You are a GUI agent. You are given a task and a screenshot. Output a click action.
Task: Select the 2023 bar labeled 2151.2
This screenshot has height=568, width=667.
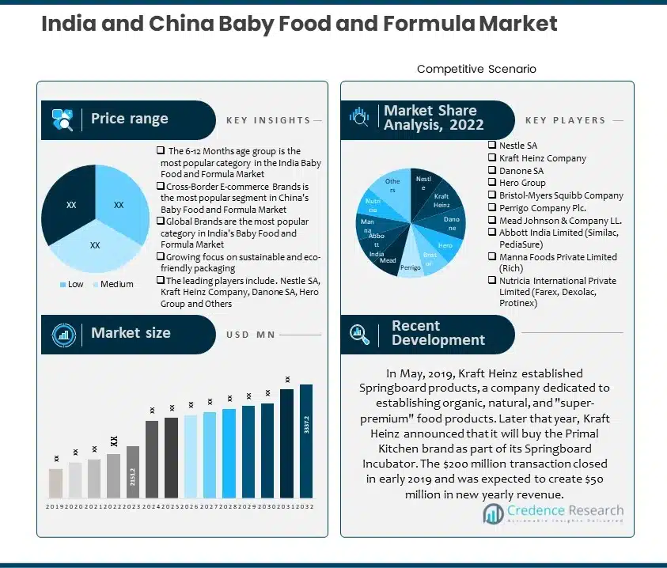133,472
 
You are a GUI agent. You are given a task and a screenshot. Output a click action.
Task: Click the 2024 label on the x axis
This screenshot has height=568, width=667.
152,506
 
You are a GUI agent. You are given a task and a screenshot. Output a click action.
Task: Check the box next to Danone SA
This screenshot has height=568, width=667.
492,171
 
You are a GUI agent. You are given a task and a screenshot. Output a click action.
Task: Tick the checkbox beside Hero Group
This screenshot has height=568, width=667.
492,183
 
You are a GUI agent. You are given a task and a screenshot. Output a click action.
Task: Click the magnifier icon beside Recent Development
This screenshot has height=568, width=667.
360,335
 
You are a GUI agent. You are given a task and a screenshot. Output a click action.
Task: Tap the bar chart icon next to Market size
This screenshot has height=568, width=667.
63,335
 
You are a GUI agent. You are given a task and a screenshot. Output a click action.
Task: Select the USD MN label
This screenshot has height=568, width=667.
250,335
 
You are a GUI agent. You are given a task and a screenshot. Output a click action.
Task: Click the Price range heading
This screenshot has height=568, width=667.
129,119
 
